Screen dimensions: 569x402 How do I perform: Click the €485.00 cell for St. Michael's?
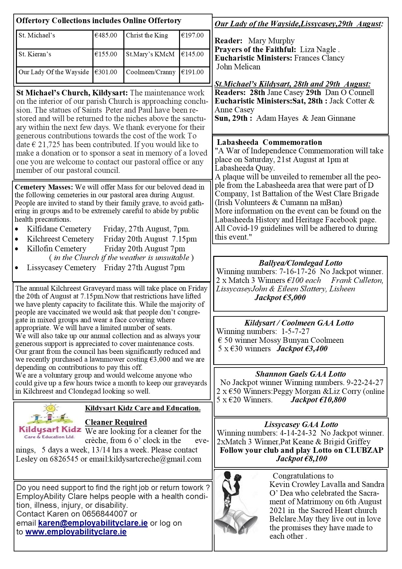[x=106, y=35]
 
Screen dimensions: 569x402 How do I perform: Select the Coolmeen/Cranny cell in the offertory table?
[x=151, y=72]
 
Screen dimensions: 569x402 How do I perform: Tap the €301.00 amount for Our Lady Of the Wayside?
[x=106, y=72]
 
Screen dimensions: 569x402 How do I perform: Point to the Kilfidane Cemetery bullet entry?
[x=59, y=229]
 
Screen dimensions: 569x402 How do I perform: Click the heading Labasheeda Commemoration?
[x=270, y=142]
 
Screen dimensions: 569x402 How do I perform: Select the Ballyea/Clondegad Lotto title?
[x=300, y=263]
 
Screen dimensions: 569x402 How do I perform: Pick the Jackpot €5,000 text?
[x=280, y=298]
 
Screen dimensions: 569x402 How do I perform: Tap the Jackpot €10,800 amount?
[x=318, y=400]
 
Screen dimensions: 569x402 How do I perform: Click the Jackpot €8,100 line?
[x=301, y=459]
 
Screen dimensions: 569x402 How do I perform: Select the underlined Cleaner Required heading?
[x=116, y=422]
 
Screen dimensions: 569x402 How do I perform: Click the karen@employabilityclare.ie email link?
[x=93, y=523]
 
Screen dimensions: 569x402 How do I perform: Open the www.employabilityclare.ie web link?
[x=76, y=532]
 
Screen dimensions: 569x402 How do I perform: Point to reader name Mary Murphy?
[x=271, y=41]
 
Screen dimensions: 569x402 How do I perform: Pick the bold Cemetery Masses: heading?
[x=44, y=187]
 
